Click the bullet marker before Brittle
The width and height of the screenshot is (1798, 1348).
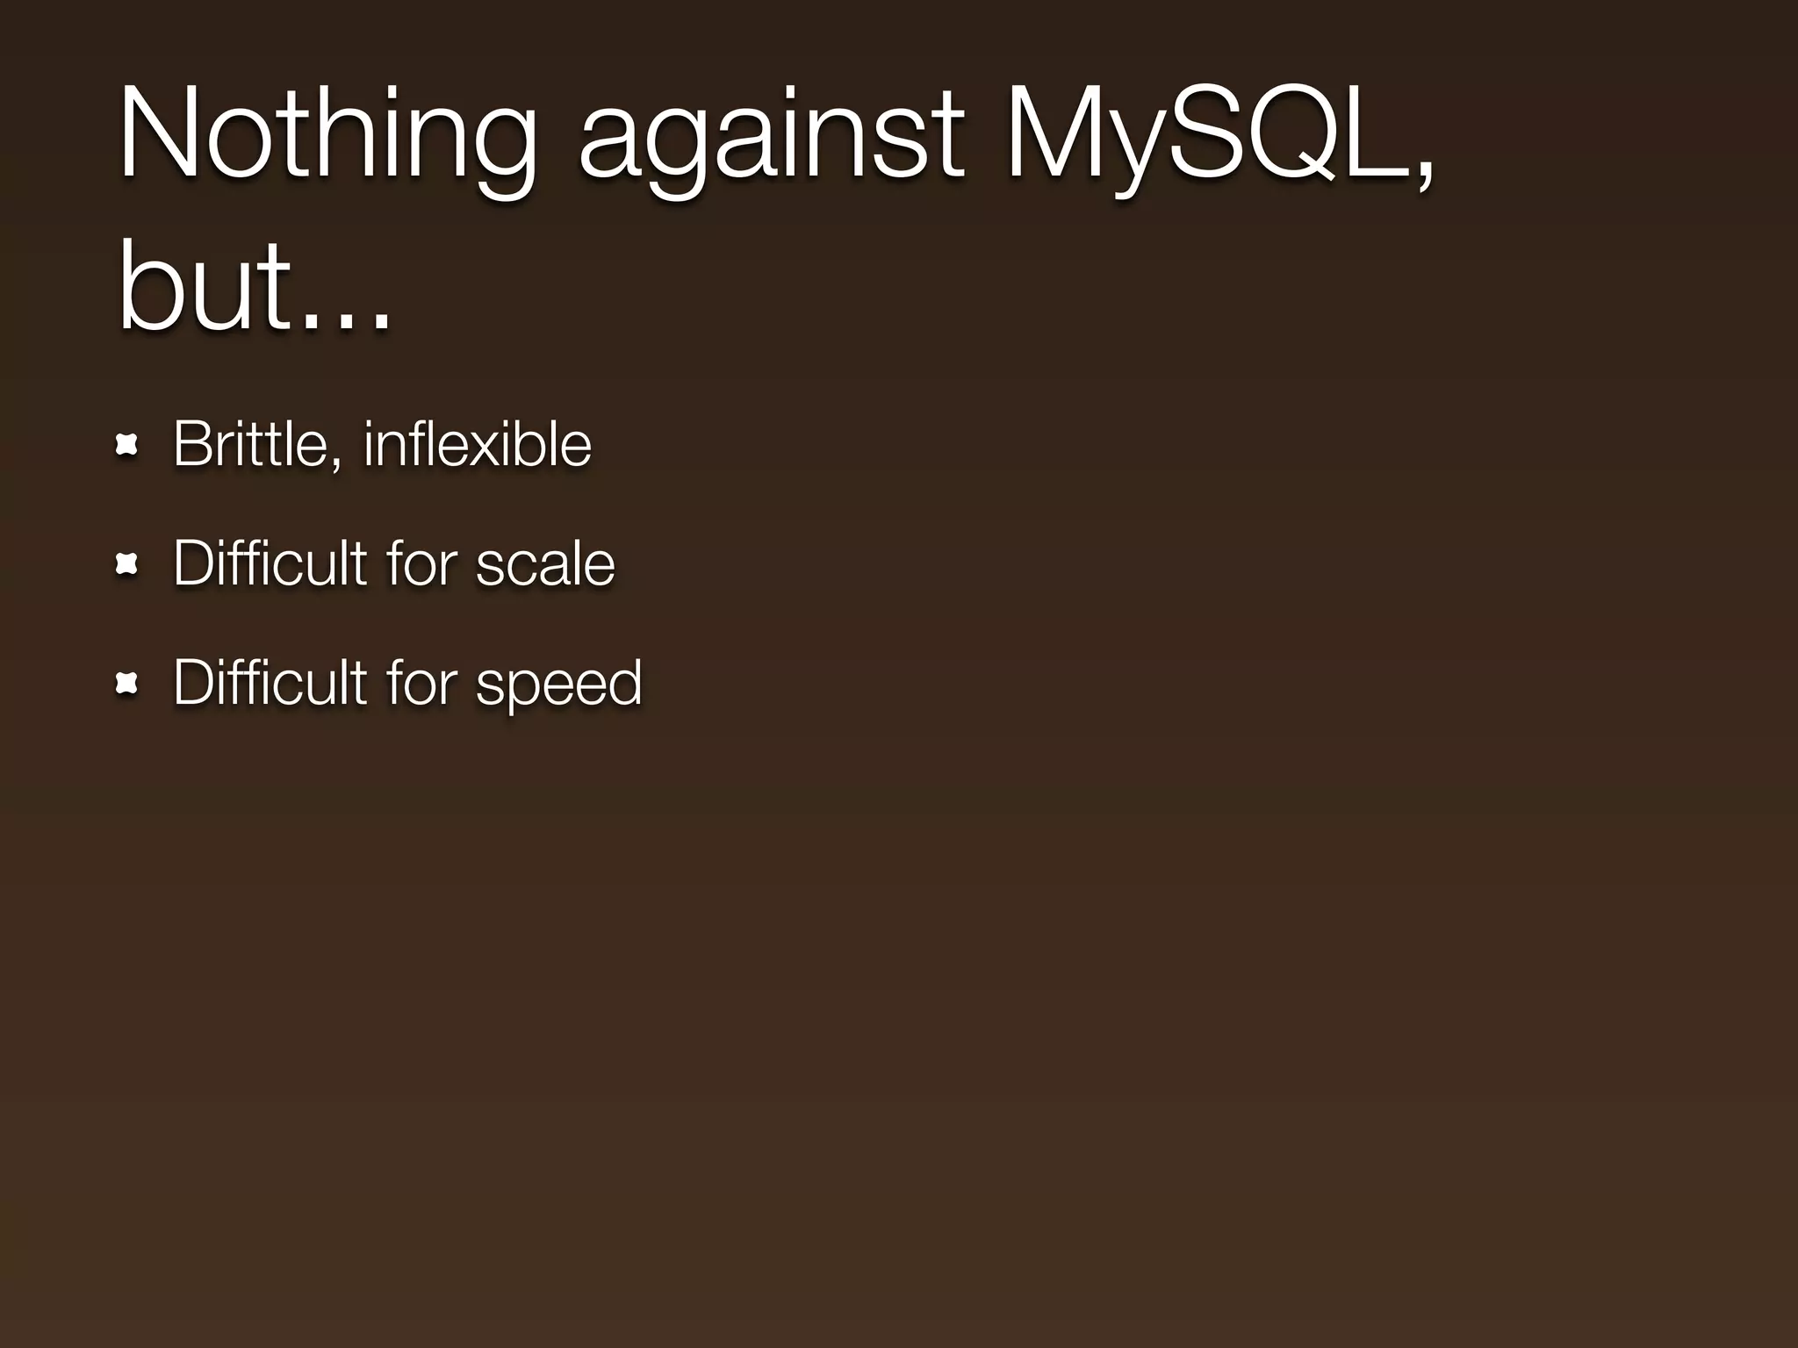pos(127,446)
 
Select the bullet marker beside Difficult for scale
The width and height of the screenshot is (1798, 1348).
pos(127,565)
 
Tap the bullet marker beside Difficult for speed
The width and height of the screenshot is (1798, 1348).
pos(127,684)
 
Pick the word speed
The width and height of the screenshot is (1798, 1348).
pos(558,684)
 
